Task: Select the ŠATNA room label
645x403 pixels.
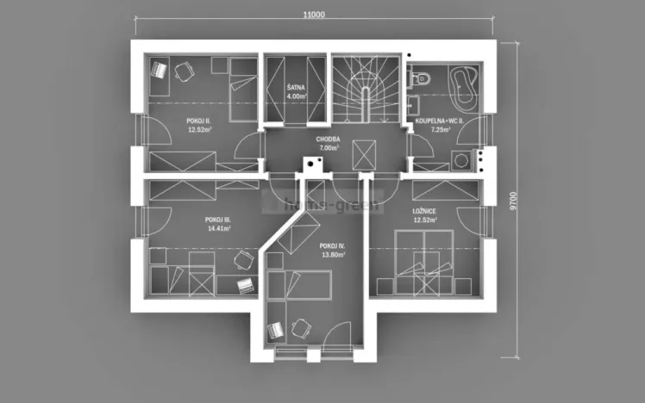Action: click(x=296, y=87)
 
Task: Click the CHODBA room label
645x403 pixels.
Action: click(x=329, y=138)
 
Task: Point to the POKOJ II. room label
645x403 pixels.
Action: click(x=199, y=121)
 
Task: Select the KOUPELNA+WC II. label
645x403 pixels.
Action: click(x=440, y=121)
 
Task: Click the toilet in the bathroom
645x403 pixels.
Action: click(x=422, y=78)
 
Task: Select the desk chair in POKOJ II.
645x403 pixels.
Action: click(x=183, y=71)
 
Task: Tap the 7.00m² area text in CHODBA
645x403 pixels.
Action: click(x=329, y=147)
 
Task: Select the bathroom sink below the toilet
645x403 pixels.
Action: click(x=414, y=106)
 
